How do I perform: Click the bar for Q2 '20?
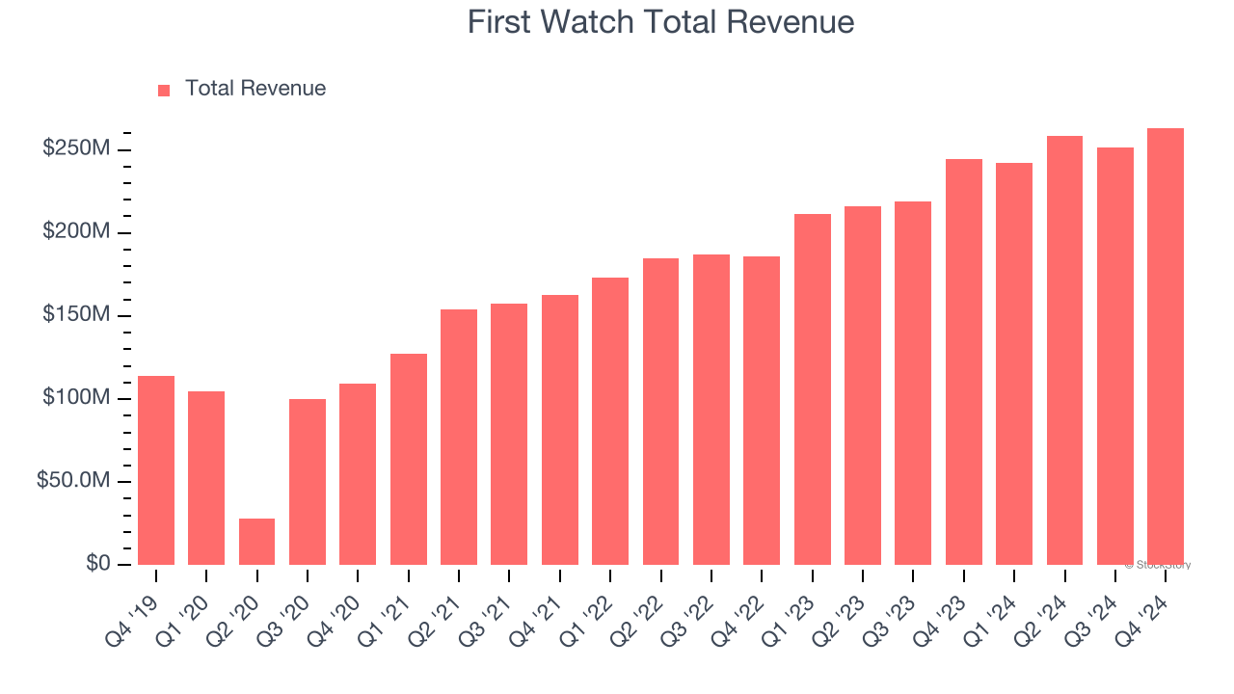coord(256,542)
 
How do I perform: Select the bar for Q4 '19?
coord(156,470)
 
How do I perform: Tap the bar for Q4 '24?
coord(1166,347)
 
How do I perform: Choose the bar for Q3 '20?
coord(308,482)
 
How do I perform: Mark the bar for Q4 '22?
coord(762,411)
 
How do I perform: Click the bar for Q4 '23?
coord(963,361)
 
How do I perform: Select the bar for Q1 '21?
coord(408,459)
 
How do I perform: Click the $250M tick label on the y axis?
coord(76,149)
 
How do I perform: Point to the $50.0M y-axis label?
coord(73,481)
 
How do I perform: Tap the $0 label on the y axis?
coord(96,564)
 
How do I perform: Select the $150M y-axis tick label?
coord(76,315)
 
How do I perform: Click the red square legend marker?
coord(164,90)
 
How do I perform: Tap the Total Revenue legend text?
coord(255,89)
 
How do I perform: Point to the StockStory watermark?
coord(1158,565)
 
